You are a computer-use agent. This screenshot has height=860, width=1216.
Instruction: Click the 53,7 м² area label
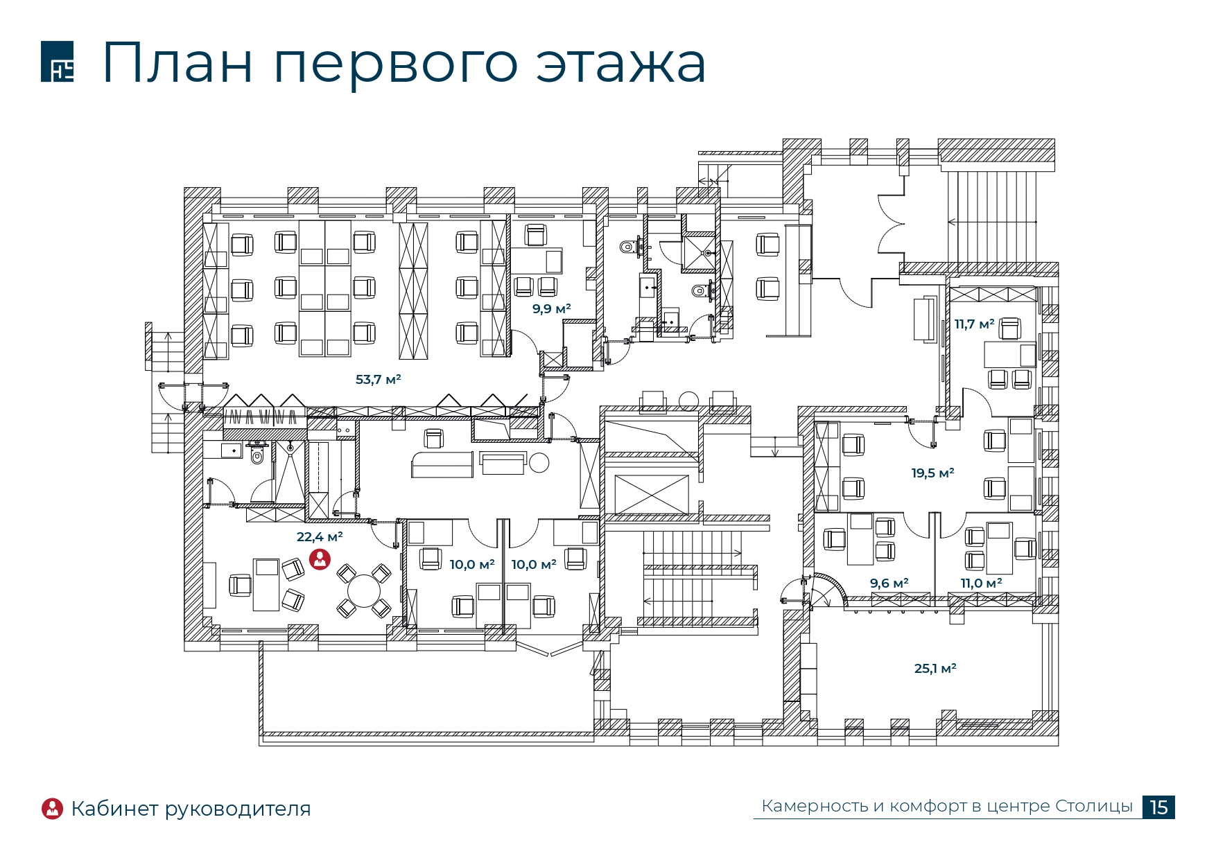[378, 380]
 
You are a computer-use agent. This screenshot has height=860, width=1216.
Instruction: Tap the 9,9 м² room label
[551, 309]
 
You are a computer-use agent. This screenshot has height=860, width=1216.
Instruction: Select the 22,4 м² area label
[320, 537]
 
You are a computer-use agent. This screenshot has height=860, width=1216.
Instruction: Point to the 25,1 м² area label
[935, 669]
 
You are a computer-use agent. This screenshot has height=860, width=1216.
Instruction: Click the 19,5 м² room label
[932, 473]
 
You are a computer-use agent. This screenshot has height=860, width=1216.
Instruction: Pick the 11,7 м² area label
[974, 324]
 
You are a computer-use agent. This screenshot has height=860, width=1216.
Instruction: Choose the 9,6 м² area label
[889, 583]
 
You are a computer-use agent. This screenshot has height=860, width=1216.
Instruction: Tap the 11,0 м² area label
[981, 583]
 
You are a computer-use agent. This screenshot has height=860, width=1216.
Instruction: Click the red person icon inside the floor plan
[320, 559]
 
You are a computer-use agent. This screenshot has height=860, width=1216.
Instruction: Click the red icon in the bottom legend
[53, 808]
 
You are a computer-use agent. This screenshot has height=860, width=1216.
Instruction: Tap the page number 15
[1158, 807]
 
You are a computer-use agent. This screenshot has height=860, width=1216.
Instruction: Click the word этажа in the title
[620, 63]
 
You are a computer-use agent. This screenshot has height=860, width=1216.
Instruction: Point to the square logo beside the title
[58, 62]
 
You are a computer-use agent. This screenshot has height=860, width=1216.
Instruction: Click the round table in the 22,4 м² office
[364, 591]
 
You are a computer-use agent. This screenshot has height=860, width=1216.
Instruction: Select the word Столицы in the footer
[1094, 807]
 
